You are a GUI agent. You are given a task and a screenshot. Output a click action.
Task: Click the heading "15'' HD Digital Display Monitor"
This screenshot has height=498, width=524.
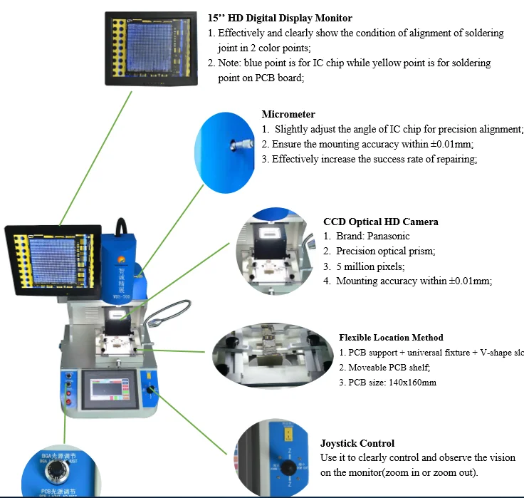coord(280,18)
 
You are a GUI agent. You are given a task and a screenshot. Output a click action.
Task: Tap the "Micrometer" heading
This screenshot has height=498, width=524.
coord(288,114)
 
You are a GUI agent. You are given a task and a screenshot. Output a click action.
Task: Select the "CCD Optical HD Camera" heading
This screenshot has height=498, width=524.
coord(380,222)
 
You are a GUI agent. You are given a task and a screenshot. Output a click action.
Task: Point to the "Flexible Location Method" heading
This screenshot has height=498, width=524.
coord(391,337)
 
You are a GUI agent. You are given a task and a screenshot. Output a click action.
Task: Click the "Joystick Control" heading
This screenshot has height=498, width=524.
coord(357,443)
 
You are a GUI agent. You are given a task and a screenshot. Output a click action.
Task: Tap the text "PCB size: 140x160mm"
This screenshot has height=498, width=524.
coord(392,383)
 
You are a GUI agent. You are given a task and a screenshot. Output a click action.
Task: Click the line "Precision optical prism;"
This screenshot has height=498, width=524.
coord(385,251)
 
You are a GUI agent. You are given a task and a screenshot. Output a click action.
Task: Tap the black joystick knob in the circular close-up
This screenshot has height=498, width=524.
coord(287,469)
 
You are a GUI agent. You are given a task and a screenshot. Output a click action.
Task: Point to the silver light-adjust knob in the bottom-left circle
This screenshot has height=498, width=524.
coord(54,472)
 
